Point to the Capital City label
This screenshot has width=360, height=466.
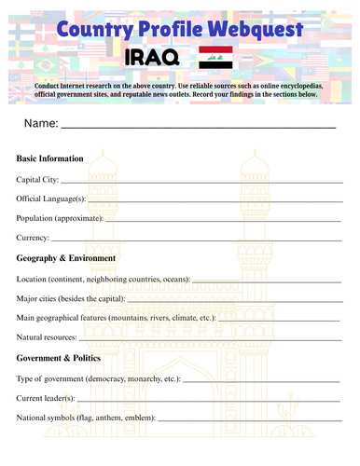tap(37, 179)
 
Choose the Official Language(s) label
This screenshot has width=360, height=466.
tap(50, 199)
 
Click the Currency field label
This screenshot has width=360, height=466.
tap(35, 238)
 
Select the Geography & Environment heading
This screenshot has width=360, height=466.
tap(65, 257)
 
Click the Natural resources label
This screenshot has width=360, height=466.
tap(47, 336)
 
